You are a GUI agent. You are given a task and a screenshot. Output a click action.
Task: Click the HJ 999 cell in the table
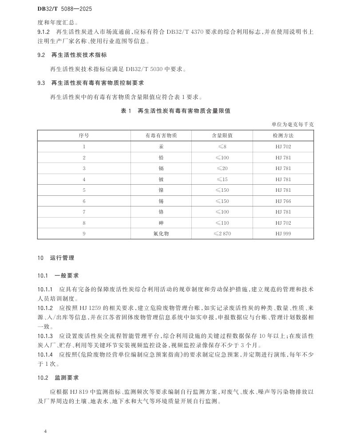[283, 234]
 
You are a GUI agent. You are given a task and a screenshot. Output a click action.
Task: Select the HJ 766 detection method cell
[283, 201]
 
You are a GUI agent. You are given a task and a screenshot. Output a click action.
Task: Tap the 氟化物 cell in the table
[161, 234]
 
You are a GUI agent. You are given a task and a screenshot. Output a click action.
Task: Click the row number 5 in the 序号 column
[84, 190]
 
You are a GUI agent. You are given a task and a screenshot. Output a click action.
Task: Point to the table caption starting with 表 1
[175, 111]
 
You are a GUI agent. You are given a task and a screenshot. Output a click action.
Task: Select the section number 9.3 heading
[41, 83]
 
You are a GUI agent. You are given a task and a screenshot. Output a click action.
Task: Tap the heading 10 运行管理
[56, 258]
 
